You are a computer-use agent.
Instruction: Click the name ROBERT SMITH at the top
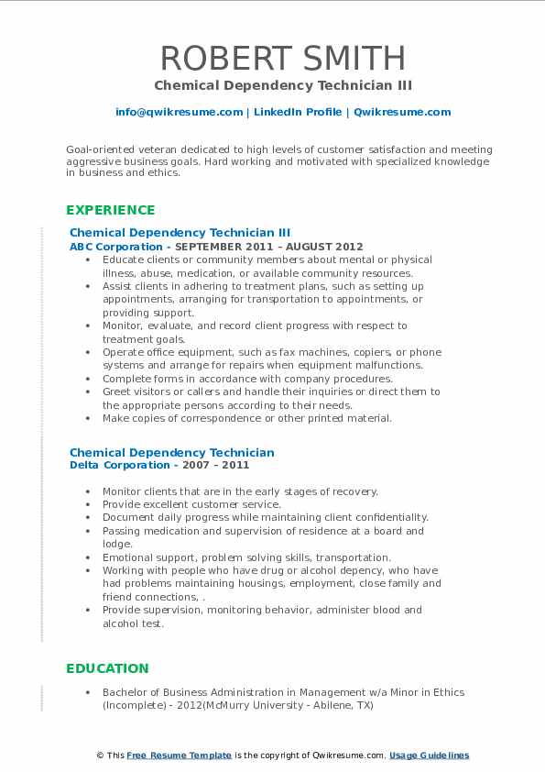pyautogui.click(x=282, y=59)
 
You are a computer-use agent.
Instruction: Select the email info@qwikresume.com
pyautogui.click(x=179, y=112)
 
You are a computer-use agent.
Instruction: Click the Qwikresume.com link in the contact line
pyautogui.click(x=402, y=112)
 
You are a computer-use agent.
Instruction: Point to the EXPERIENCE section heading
pyautogui.click(x=111, y=210)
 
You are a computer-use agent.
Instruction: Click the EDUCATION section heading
pyautogui.click(x=107, y=668)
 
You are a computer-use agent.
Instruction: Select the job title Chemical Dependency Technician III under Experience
pyautogui.click(x=180, y=233)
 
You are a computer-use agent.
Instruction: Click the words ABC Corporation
pyautogui.click(x=115, y=247)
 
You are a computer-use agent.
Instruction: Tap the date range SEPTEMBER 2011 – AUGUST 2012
pyautogui.click(x=269, y=247)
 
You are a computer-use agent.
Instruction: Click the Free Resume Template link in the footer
pyautogui.click(x=180, y=755)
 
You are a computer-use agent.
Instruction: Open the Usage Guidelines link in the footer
pyautogui.click(x=429, y=755)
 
